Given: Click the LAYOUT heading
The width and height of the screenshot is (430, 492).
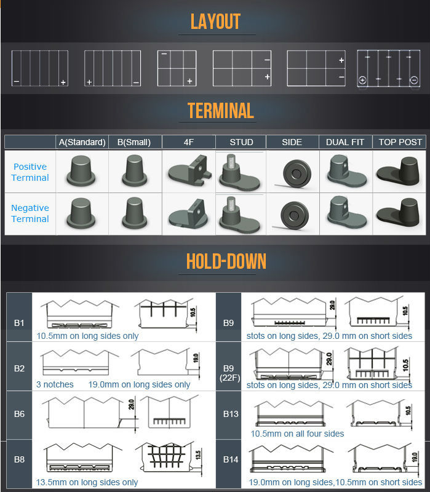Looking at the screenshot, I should pos(215,22).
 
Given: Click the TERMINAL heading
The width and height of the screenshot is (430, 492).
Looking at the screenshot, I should pos(220,111).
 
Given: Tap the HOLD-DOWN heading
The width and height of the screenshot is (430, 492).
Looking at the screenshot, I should pos(226,261).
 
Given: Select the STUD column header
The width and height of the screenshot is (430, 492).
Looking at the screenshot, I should pos(241,142).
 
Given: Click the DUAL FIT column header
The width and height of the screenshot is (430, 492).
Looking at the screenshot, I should pos(345,142).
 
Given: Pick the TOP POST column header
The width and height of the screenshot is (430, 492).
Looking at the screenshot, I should pos(400,142).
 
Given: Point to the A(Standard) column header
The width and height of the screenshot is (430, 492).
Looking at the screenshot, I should pos(82,142).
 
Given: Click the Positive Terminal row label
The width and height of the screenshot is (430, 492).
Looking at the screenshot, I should pos(31,172).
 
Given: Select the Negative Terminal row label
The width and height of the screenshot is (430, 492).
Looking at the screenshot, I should pos(30,213).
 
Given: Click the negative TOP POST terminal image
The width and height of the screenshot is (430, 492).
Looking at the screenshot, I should pos(399,213).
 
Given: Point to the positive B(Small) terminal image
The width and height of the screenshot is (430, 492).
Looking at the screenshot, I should pos(135,170).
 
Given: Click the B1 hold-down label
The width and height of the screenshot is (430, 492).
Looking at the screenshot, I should pos(19,322).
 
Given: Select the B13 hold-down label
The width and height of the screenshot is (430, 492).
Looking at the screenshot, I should pos(231,414).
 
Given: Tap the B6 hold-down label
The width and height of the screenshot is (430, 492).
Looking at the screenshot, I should pos(19,414).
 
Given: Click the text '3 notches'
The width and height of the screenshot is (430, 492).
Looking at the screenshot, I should pos(55,384).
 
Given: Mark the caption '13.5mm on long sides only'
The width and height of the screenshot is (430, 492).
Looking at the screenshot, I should pos(87,482).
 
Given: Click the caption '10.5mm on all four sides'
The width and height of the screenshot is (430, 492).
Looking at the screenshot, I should pos(297,434).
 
